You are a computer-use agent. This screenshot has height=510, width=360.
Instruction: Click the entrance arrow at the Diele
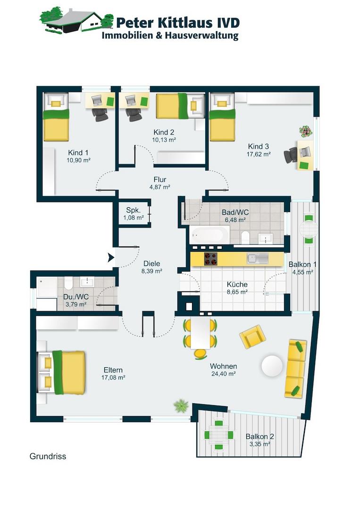(x=111, y=258)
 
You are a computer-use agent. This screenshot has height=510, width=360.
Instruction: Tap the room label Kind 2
(x=164, y=132)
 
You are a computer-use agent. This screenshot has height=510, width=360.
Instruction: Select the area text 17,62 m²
(x=259, y=154)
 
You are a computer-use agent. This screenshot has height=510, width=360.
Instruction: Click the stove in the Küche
(x=210, y=259)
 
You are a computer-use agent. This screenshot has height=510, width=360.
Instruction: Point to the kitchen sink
(x=258, y=259)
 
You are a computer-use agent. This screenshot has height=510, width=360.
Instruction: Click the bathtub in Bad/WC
(x=209, y=235)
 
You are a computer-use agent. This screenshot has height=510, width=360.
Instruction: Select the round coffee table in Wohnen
(x=272, y=366)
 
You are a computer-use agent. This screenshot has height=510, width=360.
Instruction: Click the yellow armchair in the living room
(x=252, y=337)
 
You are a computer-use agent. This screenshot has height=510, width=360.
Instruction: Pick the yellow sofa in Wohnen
(x=296, y=368)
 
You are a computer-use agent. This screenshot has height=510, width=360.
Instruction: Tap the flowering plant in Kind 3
(x=305, y=131)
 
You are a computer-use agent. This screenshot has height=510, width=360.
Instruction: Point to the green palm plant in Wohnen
(x=181, y=406)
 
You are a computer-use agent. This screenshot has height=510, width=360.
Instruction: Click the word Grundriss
(x=48, y=456)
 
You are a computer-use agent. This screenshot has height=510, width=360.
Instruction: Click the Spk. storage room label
(x=133, y=210)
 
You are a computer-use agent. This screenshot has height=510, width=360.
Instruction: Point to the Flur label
(x=160, y=179)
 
